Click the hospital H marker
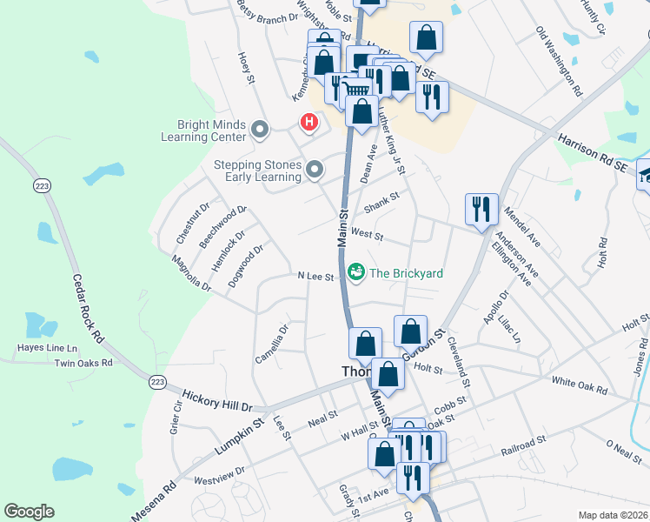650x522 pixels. pos(308,123)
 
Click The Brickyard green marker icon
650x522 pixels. pos(356,273)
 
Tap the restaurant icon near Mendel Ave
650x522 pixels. pos(481,210)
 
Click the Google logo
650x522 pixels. pos(29,512)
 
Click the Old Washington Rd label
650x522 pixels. pos(559,61)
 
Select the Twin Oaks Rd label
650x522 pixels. pos(84,363)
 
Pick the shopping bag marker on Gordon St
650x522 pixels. pos(410,331)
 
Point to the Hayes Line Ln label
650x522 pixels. pos(47,348)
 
